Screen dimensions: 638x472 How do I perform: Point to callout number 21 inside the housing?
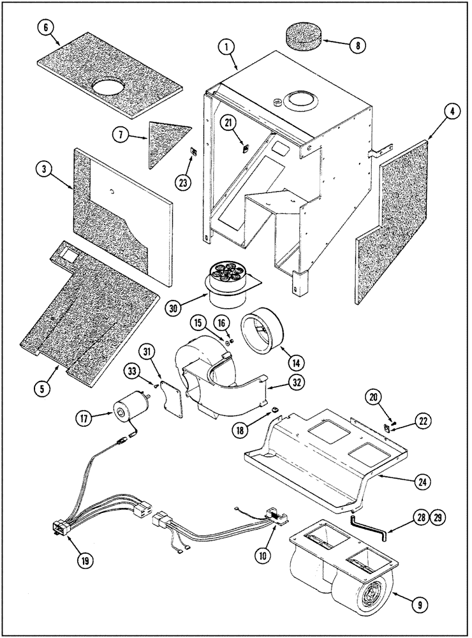point(227,122)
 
